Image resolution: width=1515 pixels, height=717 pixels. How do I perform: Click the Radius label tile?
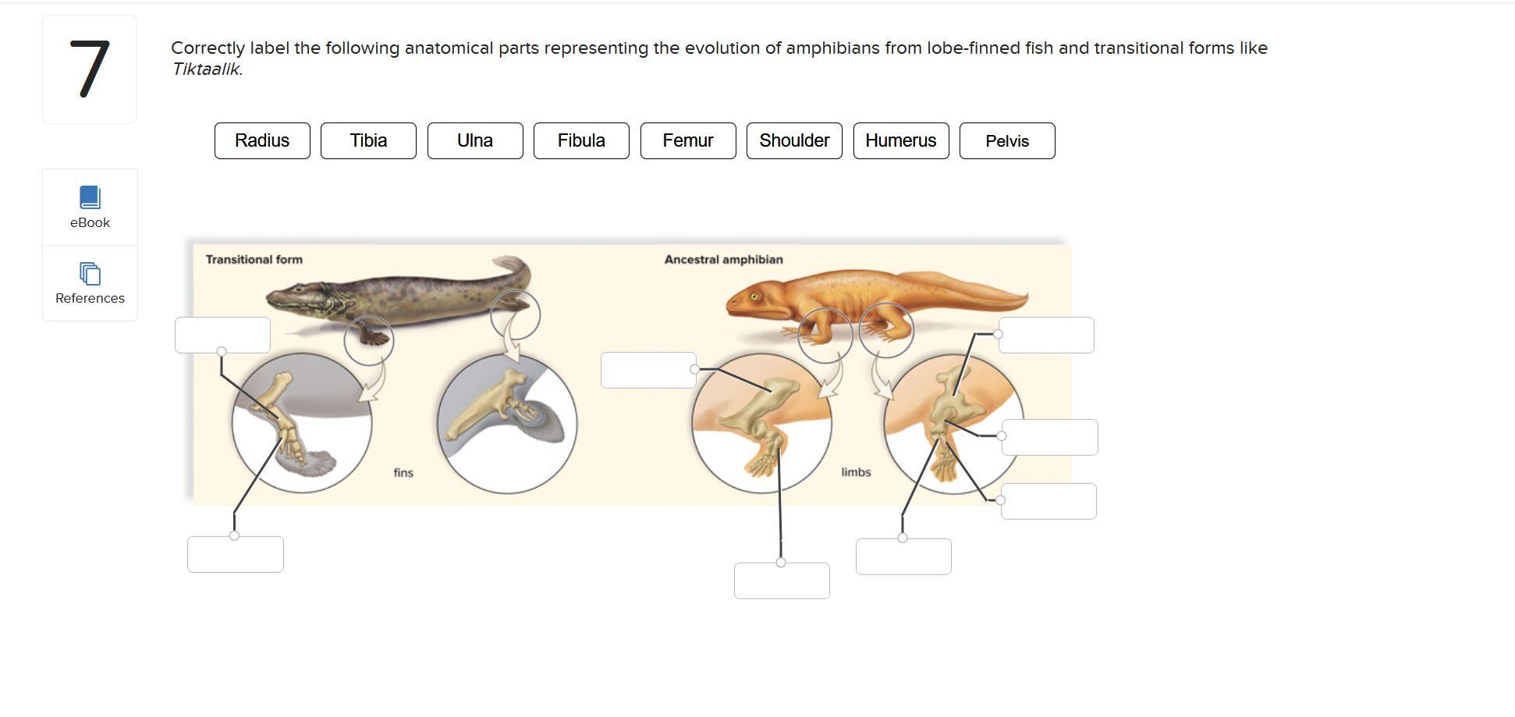(x=262, y=140)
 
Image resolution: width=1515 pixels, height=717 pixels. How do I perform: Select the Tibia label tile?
(x=368, y=140)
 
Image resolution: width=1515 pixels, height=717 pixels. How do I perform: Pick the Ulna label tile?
(x=475, y=140)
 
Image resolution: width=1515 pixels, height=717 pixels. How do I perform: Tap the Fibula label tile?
(x=581, y=140)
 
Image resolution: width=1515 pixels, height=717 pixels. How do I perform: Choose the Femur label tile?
(x=688, y=140)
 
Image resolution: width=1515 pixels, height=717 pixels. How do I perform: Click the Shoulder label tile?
(x=794, y=140)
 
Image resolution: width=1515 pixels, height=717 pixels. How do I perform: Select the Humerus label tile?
(x=901, y=140)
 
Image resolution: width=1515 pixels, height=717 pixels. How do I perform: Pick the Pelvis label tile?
(x=1007, y=141)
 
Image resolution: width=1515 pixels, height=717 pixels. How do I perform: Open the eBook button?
(x=90, y=207)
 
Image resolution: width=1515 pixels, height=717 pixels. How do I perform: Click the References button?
(x=90, y=283)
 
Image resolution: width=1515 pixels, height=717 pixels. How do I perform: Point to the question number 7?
(x=90, y=69)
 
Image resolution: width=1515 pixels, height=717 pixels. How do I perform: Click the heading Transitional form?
(x=254, y=260)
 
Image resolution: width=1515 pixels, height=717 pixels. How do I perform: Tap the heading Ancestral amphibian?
(x=723, y=260)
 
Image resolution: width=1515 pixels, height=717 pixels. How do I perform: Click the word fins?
(x=403, y=473)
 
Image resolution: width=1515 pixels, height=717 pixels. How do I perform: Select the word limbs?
(x=856, y=472)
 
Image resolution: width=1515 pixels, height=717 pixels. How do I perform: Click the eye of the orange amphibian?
(x=754, y=296)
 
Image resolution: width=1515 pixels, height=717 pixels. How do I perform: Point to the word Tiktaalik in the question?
(x=206, y=69)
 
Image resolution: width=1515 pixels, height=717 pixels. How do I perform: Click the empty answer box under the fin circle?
(x=236, y=554)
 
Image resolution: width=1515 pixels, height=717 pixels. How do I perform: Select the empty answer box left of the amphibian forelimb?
(x=648, y=370)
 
